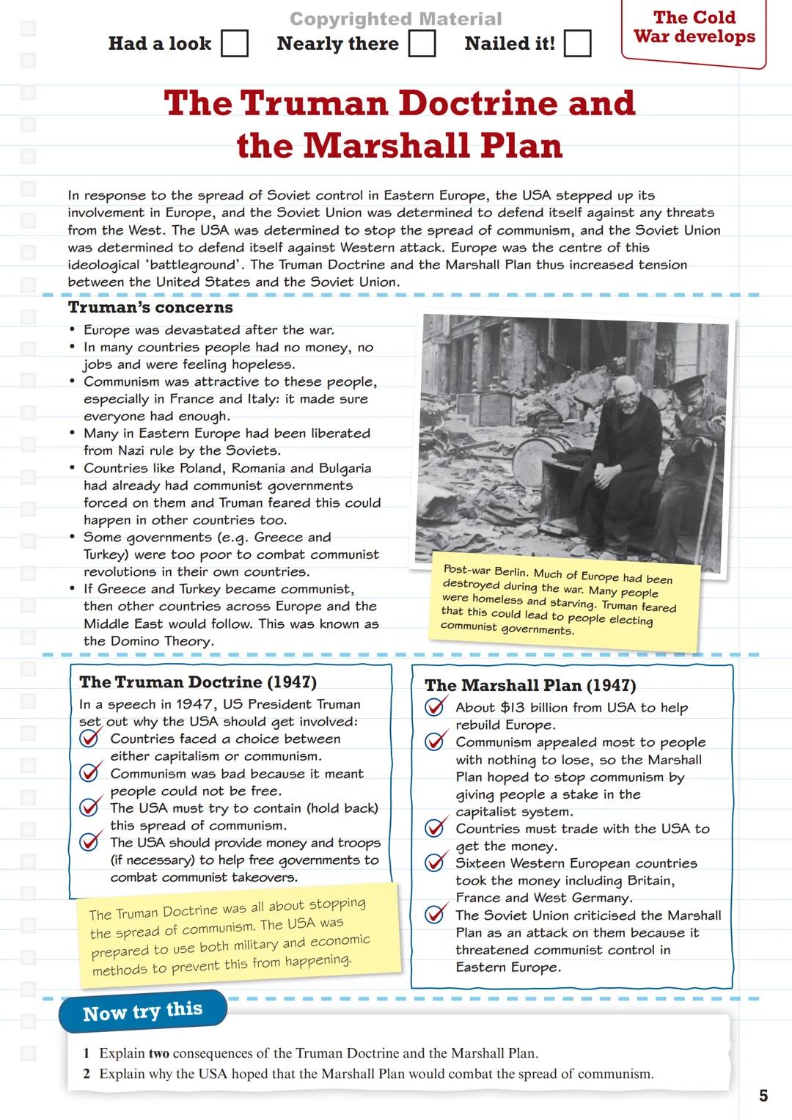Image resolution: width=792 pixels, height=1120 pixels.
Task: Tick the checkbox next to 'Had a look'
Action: pyautogui.click(x=235, y=43)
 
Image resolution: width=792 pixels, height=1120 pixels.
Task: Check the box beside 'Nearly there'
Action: pyautogui.click(x=422, y=43)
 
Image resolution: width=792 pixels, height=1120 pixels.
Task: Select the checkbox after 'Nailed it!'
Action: pyautogui.click(x=577, y=43)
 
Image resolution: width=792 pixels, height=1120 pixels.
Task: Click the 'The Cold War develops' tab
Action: pyautogui.click(x=694, y=28)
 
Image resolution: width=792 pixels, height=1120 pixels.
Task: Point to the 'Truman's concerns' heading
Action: pyautogui.click(x=150, y=307)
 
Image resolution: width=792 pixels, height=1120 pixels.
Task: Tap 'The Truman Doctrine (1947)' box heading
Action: pyautogui.click(x=198, y=682)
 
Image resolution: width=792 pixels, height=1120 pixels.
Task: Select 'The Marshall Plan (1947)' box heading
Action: pyautogui.click(x=530, y=685)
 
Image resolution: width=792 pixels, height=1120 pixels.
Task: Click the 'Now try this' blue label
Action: pyautogui.click(x=143, y=1011)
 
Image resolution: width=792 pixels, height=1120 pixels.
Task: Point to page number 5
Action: pyautogui.click(x=763, y=1096)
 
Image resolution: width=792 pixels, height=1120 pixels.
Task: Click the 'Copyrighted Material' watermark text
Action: pyautogui.click(x=396, y=19)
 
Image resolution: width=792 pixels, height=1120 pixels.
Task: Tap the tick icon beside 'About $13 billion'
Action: pyautogui.click(x=435, y=706)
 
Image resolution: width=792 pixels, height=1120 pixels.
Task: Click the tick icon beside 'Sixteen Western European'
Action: pyautogui.click(x=435, y=862)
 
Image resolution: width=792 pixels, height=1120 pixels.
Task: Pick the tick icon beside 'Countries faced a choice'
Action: pyautogui.click(x=89, y=738)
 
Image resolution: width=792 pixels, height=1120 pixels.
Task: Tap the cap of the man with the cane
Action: pyautogui.click(x=687, y=386)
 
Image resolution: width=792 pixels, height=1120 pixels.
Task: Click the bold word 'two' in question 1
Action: pyautogui.click(x=158, y=1053)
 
